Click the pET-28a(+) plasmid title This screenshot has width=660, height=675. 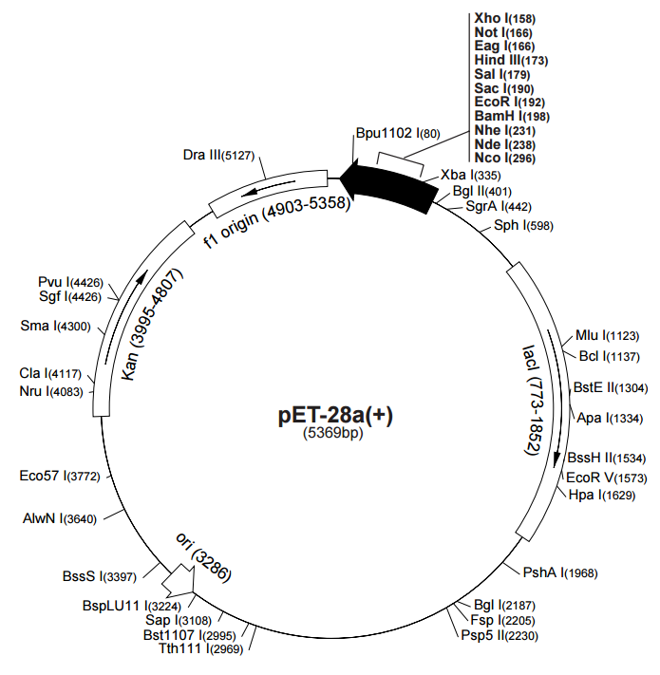(335, 415)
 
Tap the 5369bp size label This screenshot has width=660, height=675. (333, 433)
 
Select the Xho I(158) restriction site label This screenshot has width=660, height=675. (505, 18)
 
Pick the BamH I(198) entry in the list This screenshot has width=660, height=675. (512, 116)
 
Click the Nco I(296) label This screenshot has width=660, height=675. (505, 158)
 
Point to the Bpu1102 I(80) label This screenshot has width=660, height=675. (398, 133)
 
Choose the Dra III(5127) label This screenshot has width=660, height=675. (218, 155)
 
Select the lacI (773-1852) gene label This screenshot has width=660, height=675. (534, 400)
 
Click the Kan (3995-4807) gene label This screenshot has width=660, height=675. (152, 324)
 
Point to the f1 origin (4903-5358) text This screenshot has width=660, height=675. (277, 221)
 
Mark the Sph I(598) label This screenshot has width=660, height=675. (523, 225)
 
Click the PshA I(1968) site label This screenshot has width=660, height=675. (560, 572)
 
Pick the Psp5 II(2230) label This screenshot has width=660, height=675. (500, 635)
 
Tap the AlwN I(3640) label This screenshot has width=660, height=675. (60, 518)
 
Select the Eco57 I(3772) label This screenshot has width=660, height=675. (60, 477)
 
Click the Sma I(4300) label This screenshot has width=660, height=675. (55, 326)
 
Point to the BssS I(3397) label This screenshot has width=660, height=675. (100, 576)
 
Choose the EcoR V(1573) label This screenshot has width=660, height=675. (607, 478)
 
